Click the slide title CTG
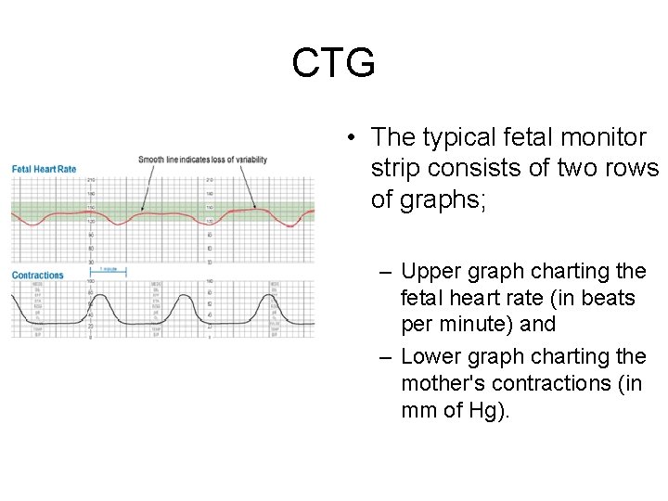(x=333, y=64)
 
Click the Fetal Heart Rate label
(x=44, y=169)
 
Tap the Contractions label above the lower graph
(x=38, y=275)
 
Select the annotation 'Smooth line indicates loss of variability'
(x=202, y=160)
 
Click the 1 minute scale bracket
(x=109, y=270)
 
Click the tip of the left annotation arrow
(x=142, y=210)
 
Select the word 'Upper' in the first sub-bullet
(x=432, y=272)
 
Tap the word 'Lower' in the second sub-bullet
(x=432, y=357)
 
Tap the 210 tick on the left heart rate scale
(x=92, y=180)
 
